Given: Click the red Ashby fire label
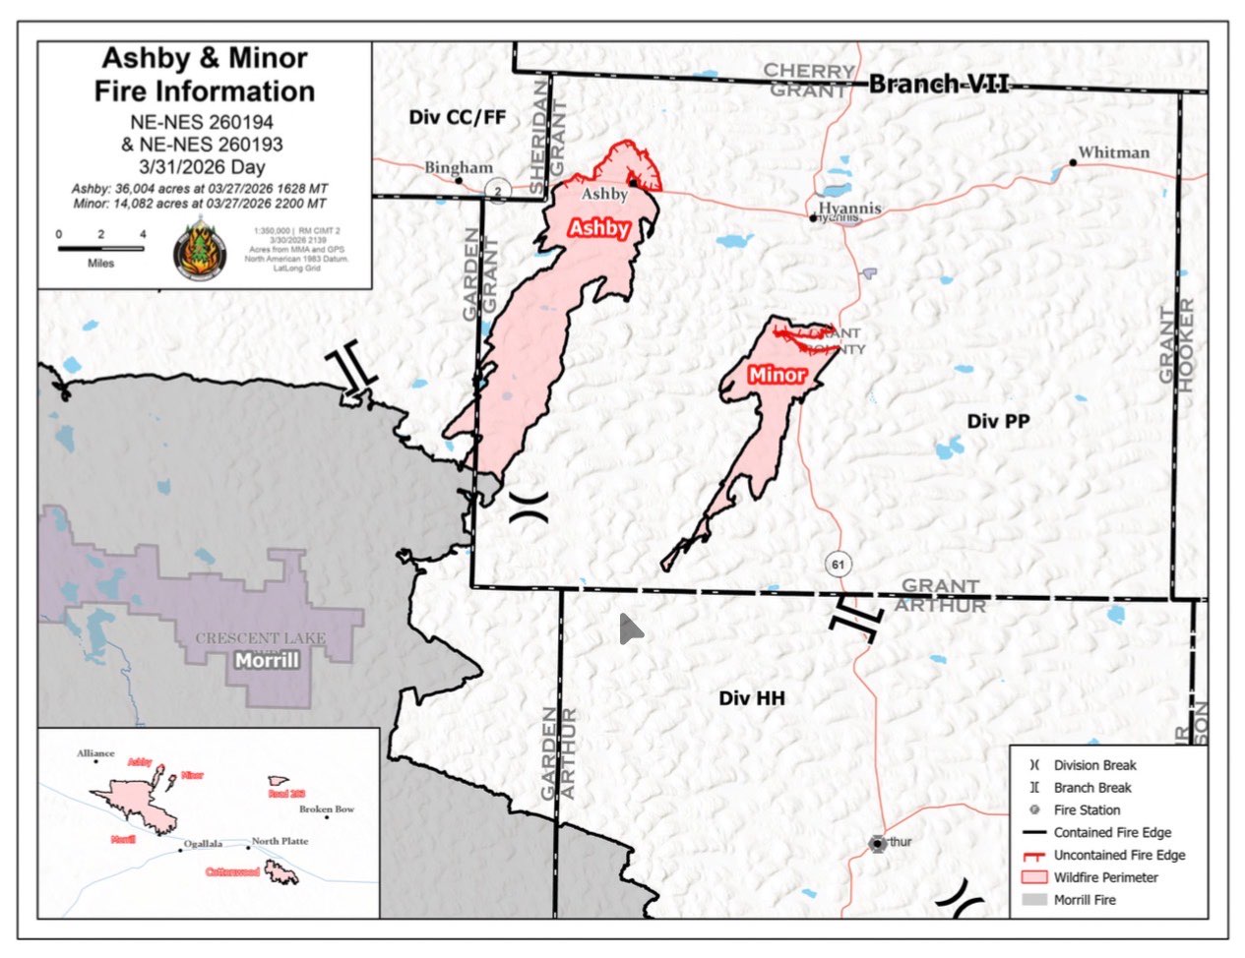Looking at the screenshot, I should (599, 228).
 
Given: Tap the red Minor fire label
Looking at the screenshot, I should (777, 375).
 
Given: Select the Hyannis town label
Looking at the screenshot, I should (849, 208).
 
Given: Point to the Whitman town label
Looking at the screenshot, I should (1113, 152).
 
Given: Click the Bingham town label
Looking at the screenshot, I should (458, 167).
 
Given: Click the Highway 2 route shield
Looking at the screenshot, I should (499, 191).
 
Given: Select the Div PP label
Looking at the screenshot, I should (998, 421).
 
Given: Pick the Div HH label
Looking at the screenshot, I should (752, 698).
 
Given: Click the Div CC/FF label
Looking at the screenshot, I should (458, 117).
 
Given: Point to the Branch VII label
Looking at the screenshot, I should (939, 85).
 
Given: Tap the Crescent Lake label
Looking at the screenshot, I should (260, 638).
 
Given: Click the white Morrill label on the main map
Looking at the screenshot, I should (267, 660).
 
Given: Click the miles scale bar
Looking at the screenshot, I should (100, 248).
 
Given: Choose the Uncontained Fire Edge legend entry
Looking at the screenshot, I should (1118, 855).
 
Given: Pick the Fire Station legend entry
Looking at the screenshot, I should (1086, 809).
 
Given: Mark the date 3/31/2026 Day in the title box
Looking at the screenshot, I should (204, 166).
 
